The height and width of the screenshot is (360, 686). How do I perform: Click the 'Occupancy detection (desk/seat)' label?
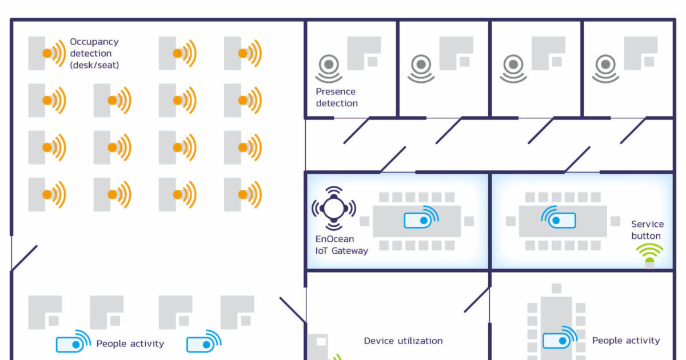click(x=94, y=53)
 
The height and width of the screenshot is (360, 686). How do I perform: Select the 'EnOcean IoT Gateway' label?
click(x=341, y=245)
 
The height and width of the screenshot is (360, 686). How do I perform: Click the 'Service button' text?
click(x=647, y=230)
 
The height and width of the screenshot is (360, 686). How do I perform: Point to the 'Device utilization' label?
click(x=403, y=341)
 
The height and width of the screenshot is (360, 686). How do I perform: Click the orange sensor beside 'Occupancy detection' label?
click(x=49, y=53)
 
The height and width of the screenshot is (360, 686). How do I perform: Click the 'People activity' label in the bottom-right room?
click(x=625, y=341)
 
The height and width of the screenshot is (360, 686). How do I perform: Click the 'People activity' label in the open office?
click(x=130, y=343)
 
